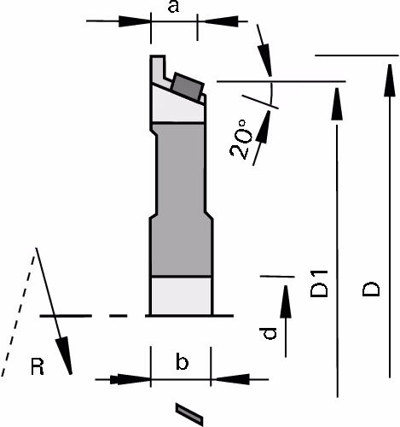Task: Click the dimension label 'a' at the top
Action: [x=173, y=7]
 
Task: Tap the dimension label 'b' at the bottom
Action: [x=182, y=361]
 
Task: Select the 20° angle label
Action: [x=241, y=139]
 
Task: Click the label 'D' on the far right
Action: [x=371, y=290]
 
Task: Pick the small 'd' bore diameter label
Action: [x=268, y=333]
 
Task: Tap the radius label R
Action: [x=38, y=366]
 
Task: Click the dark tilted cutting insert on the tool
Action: [x=188, y=86]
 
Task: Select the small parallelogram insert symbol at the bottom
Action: [x=189, y=414]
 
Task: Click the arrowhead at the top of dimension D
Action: [x=390, y=80]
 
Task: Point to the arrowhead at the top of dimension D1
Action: [x=337, y=104]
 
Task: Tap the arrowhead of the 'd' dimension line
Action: [x=286, y=301]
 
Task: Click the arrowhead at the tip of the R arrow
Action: [x=65, y=355]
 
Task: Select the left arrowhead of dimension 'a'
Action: [x=134, y=21]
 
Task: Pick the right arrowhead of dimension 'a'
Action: [x=222, y=21]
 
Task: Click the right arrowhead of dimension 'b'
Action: [x=232, y=379]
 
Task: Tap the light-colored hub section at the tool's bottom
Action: [x=181, y=295]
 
